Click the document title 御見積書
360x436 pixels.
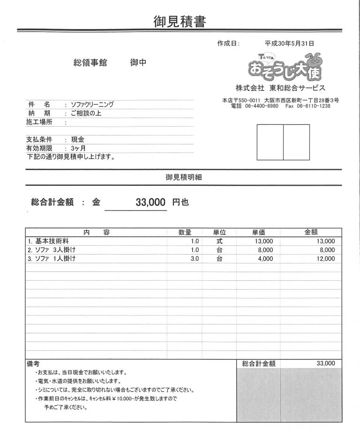coord(180,21)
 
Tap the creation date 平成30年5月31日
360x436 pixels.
coord(289,43)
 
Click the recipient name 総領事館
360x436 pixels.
coord(90,63)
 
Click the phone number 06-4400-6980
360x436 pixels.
coord(262,106)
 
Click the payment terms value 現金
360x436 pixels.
coord(77,140)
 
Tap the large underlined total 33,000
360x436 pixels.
coord(150,203)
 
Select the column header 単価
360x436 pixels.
coord(259,232)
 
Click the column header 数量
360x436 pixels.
coord(185,232)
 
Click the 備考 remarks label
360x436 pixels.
coord(33,363)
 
